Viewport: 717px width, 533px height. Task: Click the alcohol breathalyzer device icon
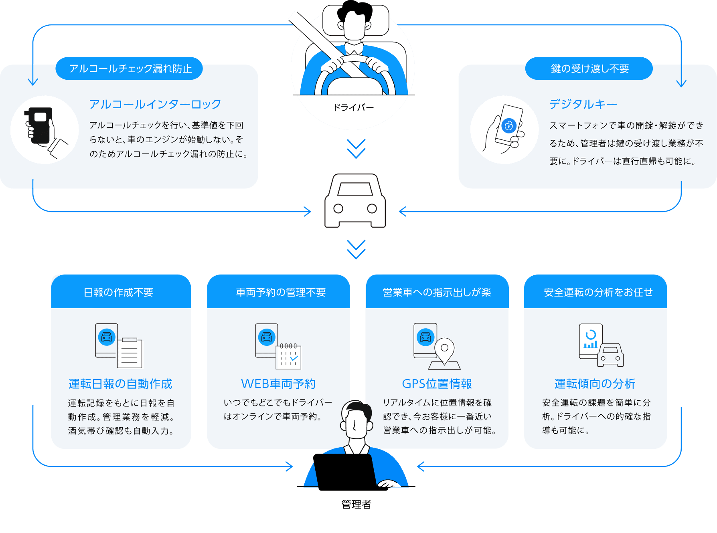[x=39, y=125]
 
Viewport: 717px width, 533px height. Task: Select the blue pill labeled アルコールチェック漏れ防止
[x=130, y=69]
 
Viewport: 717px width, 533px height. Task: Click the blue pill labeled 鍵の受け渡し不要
[x=589, y=69]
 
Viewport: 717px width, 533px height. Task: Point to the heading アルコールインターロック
[x=155, y=104]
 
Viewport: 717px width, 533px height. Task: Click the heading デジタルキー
[x=583, y=104]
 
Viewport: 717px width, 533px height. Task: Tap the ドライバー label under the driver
[x=353, y=107]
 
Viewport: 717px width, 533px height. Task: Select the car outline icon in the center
[x=355, y=201]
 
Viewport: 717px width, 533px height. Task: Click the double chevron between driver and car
[x=356, y=149]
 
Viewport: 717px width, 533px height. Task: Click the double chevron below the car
[x=356, y=249]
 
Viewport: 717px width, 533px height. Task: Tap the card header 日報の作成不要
[x=119, y=292]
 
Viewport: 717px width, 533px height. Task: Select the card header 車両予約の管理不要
[x=281, y=292]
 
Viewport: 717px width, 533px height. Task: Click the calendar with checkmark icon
[x=288, y=356]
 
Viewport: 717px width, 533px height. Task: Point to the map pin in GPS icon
[x=444, y=349]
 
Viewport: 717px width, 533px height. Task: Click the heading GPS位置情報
[x=437, y=384]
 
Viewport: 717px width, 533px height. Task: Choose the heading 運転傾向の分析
[x=595, y=384]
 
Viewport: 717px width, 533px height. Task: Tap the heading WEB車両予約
[x=278, y=384]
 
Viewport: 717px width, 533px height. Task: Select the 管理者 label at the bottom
[x=356, y=504]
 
